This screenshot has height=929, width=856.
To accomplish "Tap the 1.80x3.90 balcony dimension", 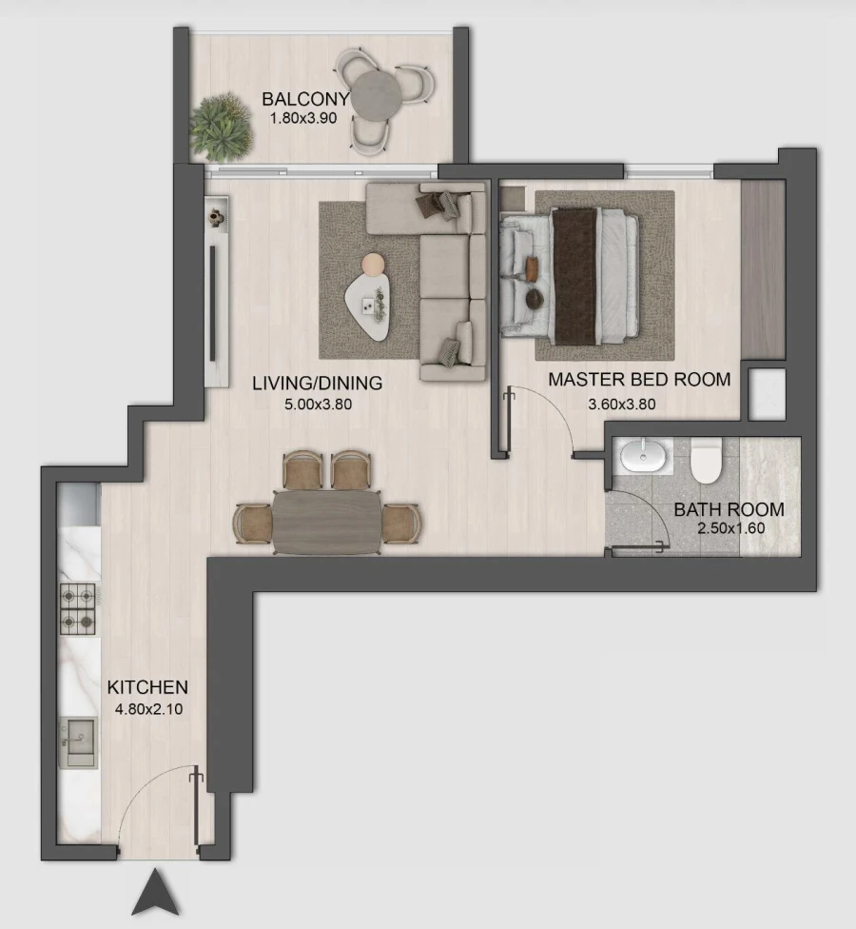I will [x=304, y=120].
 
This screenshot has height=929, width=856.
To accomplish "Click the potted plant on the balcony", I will [x=223, y=126].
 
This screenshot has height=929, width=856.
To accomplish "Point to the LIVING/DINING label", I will [x=317, y=384].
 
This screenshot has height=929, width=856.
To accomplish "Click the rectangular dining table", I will [x=326, y=521].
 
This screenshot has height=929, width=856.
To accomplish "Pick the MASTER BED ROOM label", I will [x=639, y=380].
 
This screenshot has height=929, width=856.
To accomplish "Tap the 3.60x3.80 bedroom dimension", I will [x=622, y=404].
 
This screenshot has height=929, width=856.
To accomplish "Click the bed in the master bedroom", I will [x=571, y=276].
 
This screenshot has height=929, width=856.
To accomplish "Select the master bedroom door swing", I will [x=537, y=419].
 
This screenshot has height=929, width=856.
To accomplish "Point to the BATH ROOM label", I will [x=729, y=509].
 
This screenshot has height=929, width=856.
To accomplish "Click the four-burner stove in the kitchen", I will [x=79, y=609].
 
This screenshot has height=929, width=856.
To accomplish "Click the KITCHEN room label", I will [x=147, y=687].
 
